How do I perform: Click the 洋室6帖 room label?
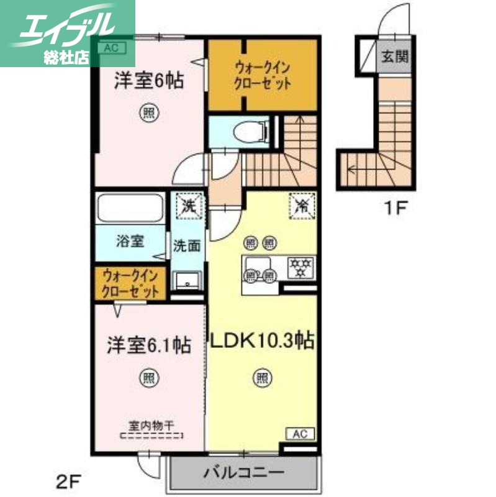pyautogui.click(x=148, y=81)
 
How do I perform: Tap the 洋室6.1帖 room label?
pyautogui.click(x=149, y=344)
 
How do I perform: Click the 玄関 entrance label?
pyautogui.click(x=394, y=58)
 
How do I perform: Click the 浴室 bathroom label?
pyautogui.click(x=130, y=240)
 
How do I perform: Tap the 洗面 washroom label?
pyautogui.click(x=186, y=245)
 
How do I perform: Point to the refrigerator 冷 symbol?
pyautogui.click(x=302, y=204)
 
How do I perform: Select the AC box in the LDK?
pyautogui.click(x=299, y=434)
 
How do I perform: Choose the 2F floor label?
pyautogui.click(x=70, y=479)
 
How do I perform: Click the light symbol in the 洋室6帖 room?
pyautogui.click(x=148, y=113)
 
